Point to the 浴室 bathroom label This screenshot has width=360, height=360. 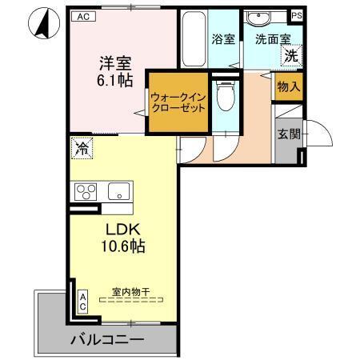tap(223, 37)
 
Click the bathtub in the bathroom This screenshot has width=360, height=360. tap(193, 40)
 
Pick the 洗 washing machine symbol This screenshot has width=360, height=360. tap(292, 56)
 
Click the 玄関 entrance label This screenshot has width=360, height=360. tap(289, 134)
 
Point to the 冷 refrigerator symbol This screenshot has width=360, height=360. tap(81, 146)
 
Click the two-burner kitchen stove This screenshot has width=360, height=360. tap(86, 192)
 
